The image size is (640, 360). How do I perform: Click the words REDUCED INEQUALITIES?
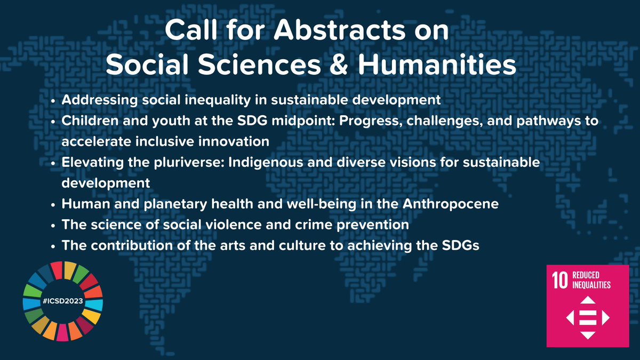(591, 280)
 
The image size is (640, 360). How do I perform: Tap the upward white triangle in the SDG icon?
(587, 301)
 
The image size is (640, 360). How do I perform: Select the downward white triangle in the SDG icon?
(587, 335)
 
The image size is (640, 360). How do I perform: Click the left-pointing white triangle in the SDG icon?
(570, 318)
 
